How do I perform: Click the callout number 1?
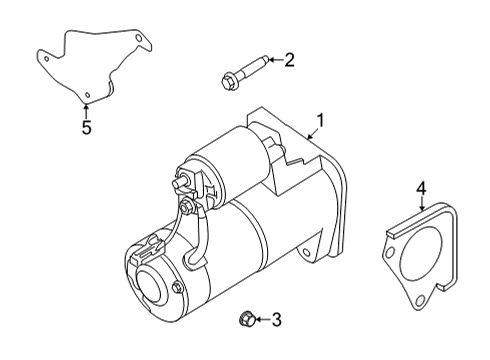pyautogui.click(x=321, y=122)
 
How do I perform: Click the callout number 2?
pyautogui.click(x=289, y=61)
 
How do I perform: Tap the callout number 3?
pyautogui.click(x=277, y=320)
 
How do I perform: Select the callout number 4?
pyautogui.click(x=421, y=187)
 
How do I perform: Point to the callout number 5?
pyautogui.click(x=86, y=127)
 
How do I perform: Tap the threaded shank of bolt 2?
pyautogui.click(x=254, y=67)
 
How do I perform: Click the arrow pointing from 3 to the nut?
pyautogui.click(x=262, y=320)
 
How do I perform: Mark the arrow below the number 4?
pyautogui.click(x=421, y=202)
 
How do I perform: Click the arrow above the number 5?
pyautogui.click(x=86, y=110)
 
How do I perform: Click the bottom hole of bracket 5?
pyautogui.click(x=87, y=95)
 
